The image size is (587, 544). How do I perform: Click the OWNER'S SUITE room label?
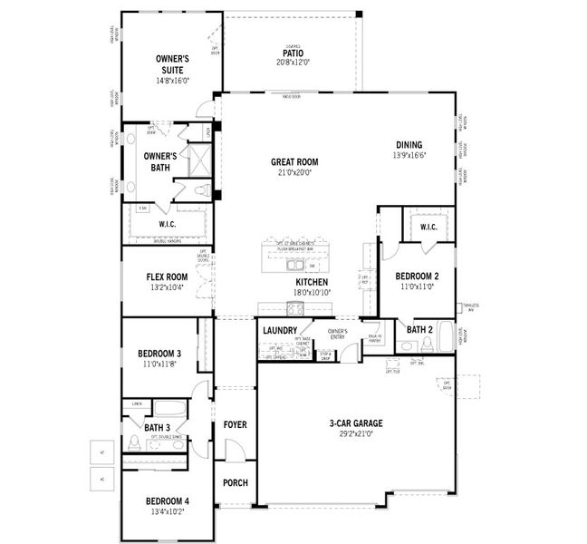point(172,63)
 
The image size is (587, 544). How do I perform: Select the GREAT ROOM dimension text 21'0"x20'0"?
point(295,173)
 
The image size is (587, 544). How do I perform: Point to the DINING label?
point(409,145)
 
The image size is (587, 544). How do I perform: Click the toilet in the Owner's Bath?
point(206,190)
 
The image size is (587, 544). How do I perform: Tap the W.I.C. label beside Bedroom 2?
point(428,227)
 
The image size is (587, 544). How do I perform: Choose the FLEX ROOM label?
point(167,277)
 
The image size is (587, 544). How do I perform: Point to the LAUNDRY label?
point(280,331)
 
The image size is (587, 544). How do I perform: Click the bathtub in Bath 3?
point(168,408)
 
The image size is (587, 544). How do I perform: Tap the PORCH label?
point(235,482)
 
